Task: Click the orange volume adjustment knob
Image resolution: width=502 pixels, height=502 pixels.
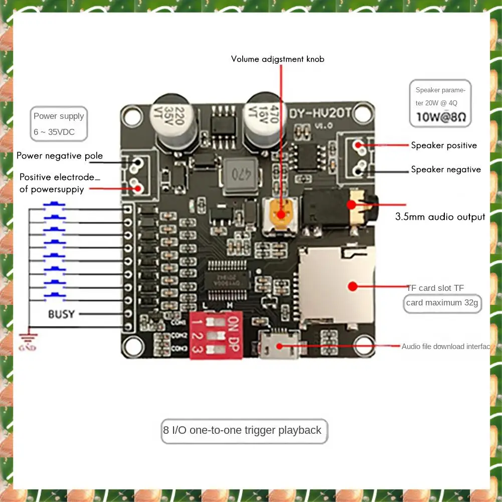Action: click(280, 214)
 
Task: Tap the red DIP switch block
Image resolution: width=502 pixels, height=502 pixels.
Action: click(215, 334)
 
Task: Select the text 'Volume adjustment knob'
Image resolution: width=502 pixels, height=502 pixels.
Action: click(277, 59)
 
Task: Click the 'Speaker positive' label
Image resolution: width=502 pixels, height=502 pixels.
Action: click(444, 145)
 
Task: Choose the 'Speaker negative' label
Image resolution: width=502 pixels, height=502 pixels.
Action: click(446, 170)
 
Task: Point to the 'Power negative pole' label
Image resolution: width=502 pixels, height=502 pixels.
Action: click(60, 155)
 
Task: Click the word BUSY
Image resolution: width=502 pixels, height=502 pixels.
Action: click(61, 314)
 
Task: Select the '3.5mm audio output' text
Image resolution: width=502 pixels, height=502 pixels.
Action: click(440, 217)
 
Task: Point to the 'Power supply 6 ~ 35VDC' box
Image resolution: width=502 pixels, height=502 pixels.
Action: click(59, 123)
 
